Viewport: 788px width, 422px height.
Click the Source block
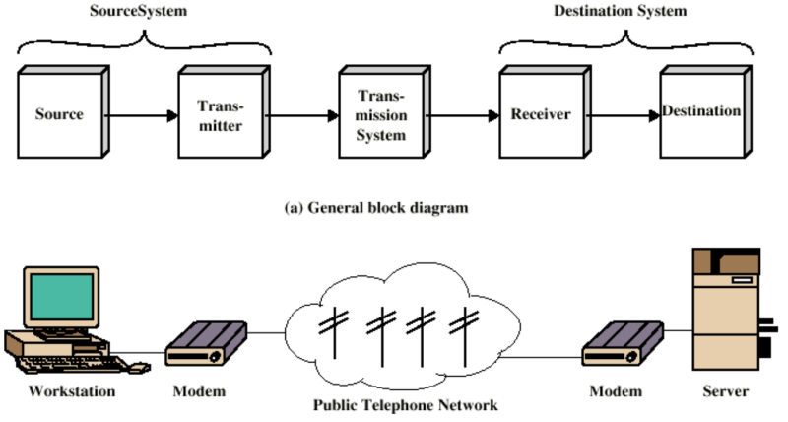point(59,114)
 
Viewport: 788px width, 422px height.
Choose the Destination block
point(700,112)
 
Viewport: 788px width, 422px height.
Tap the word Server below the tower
point(725,391)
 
